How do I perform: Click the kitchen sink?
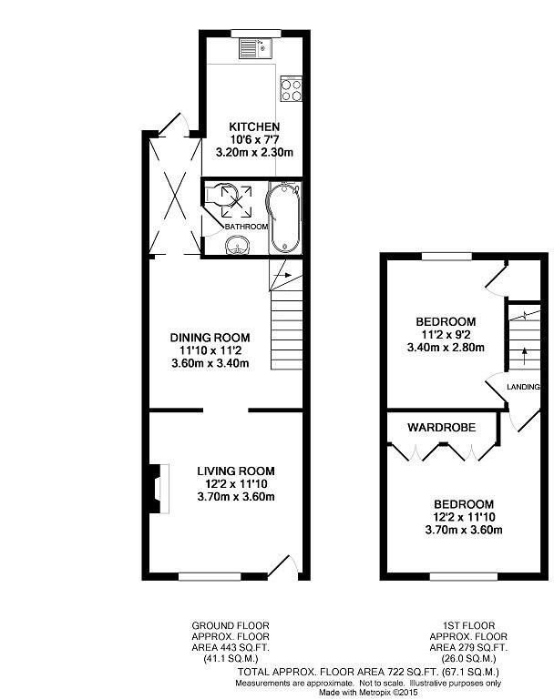pyautogui.click(x=255, y=48)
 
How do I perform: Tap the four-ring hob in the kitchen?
pyautogui.click(x=291, y=88)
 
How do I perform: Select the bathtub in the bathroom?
pyautogui.click(x=284, y=218)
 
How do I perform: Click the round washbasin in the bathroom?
pyautogui.click(x=237, y=245)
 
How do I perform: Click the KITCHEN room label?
pyautogui.click(x=254, y=127)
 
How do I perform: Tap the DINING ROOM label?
pyautogui.click(x=210, y=338)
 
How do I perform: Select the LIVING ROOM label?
pyautogui.click(x=236, y=471)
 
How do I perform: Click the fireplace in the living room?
pyautogui.click(x=159, y=488)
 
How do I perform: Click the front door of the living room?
pyautogui.click(x=282, y=568)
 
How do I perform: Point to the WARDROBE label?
pyautogui.click(x=442, y=428)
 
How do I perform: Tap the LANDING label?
pyautogui.click(x=523, y=387)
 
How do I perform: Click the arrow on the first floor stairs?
pyautogui.click(x=525, y=356)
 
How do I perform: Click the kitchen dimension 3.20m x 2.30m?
pyautogui.click(x=254, y=153)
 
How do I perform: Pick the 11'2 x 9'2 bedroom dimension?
pyautogui.click(x=446, y=334)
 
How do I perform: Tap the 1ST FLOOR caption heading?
pyautogui.click(x=469, y=626)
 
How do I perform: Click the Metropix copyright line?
pyautogui.click(x=368, y=693)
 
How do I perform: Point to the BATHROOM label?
pyautogui.click(x=246, y=227)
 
